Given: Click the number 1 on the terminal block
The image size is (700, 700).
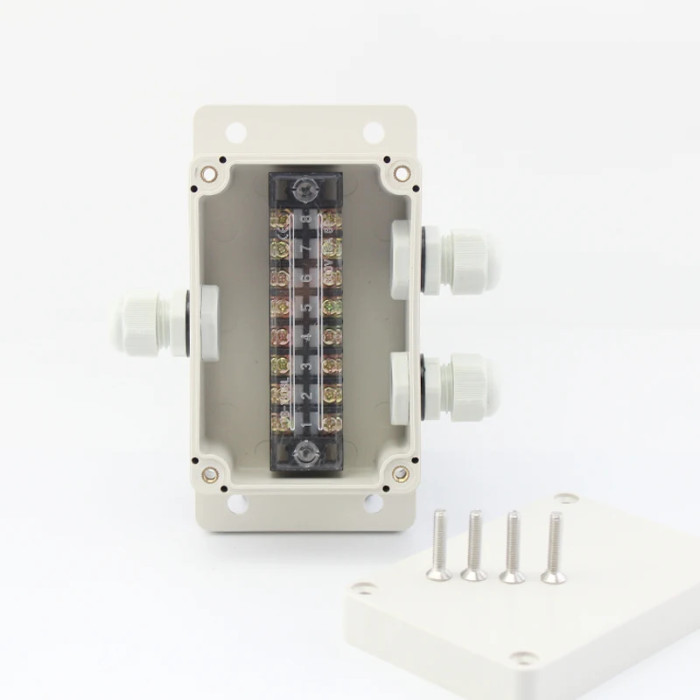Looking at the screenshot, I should pos(305,426).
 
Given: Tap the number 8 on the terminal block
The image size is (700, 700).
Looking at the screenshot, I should pos(305,218).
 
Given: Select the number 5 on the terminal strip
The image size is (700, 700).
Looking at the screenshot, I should pos(305,308).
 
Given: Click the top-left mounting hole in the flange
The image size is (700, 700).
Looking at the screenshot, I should pos(235,132).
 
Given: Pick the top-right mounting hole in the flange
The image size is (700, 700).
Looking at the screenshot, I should pos(373,132).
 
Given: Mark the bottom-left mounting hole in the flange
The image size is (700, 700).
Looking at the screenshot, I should pos(237,504).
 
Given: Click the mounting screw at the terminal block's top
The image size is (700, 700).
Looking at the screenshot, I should pos(304,186).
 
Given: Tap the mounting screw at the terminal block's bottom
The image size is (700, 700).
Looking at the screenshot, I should pos(304,453).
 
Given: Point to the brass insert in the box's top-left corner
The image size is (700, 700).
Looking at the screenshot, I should pos(209,172).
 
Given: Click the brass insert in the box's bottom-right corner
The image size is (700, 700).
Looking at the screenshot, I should pos(400,473).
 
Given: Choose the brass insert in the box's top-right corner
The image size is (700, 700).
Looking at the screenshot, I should pos(400,172).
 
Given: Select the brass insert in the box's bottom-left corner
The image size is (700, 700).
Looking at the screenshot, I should pos(210,474).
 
